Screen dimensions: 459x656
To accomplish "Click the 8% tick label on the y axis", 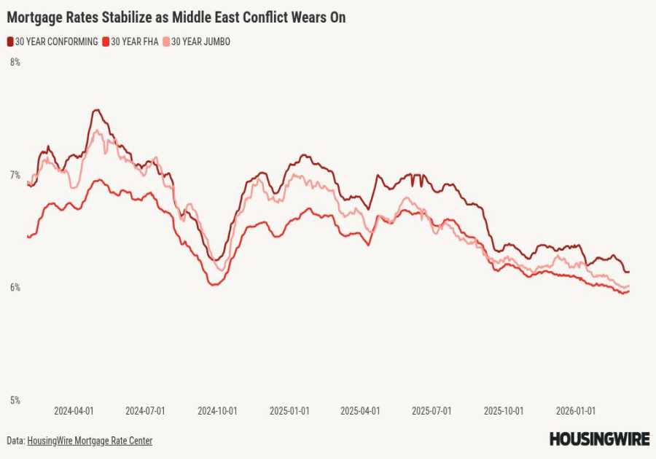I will click(x=15, y=63).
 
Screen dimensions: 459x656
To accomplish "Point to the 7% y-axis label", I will click(x=15, y=175).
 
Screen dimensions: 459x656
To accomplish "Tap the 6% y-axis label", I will click(x=15, y=288).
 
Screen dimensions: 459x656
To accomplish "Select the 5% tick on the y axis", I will click(x=15, y=400).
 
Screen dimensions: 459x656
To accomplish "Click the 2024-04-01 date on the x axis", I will click(x=74, y=411).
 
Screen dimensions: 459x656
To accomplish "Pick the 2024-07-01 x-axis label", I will click(x=145, y=411).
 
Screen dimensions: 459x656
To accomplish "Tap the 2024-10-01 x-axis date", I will click(x=217, y=411).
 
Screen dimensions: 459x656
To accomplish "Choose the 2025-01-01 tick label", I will click(x=289, y=411).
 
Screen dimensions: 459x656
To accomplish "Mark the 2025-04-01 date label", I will click(x=360, y=411).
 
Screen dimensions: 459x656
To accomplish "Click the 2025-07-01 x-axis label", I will click(x=432, y=411).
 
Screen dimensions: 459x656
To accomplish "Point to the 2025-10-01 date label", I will click(x=504, y=411).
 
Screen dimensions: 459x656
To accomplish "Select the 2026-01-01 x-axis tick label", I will click(x=576, y=411).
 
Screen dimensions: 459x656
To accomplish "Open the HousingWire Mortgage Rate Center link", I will click(x=90, y=441).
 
